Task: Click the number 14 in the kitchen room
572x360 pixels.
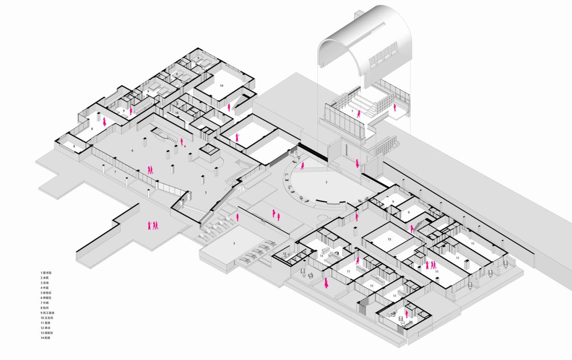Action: click(x=221, y=85)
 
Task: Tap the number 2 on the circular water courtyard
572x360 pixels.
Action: click(x=326, y=182)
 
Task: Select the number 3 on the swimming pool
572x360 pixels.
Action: click(x=234, y=244)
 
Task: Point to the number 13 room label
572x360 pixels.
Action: click(x=389, y=239)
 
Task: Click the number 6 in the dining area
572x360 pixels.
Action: click(x=133, y=151)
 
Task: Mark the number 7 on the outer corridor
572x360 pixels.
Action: click(x=115, y=172)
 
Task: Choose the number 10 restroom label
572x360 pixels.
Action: click(x=177, y=113)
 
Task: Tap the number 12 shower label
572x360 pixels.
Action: click(x=285, y=254)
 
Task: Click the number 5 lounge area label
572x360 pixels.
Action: click(x=206, y=192)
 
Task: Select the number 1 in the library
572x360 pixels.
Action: click(x=352, y=110)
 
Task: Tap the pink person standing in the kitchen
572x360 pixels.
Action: click(x=229, y=107)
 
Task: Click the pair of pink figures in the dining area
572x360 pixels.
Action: click(x=151, y=169)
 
